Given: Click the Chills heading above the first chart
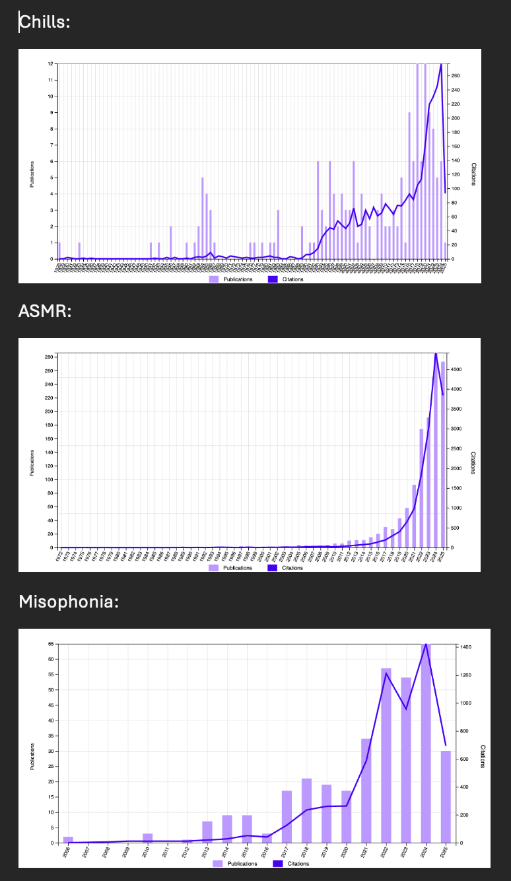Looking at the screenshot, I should point(45,22).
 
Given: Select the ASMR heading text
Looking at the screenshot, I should point(45,312).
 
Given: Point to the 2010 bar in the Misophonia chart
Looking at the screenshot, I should point(148,838).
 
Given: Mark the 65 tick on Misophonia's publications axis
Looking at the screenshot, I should point(51,644).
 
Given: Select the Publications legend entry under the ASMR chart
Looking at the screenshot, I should point(230,567).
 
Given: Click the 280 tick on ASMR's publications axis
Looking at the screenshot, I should point(49,357).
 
